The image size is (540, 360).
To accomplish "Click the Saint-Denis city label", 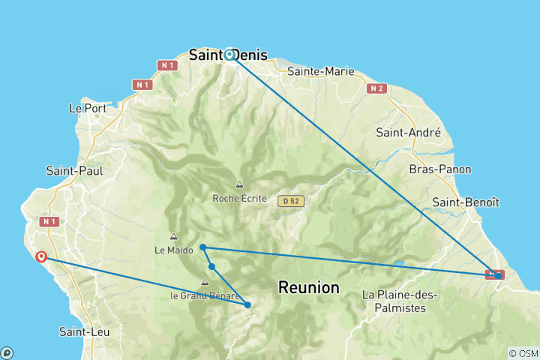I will click(x=222, y=55).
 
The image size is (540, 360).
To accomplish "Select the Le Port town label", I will click(x=85, y=108).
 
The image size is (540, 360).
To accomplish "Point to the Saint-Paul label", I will click(x=74, y=170).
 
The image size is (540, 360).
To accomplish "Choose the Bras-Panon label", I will click(x=440, y=169).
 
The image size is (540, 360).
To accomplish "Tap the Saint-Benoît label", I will click(x=466, y=202).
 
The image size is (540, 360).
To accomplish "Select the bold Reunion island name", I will click(x=308, y=287).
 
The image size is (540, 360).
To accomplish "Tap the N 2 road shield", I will click(x=376, y=88).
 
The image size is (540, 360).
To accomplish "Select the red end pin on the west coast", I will click(x=41, y=256).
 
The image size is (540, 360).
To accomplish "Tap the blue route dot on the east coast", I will click(x=499, y=275).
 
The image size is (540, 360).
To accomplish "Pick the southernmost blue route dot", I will click(x=247, y=304).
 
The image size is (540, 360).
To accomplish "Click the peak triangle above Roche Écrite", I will click(x=239, y=184).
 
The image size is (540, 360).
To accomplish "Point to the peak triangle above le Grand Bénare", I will click(x=204, y=282).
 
